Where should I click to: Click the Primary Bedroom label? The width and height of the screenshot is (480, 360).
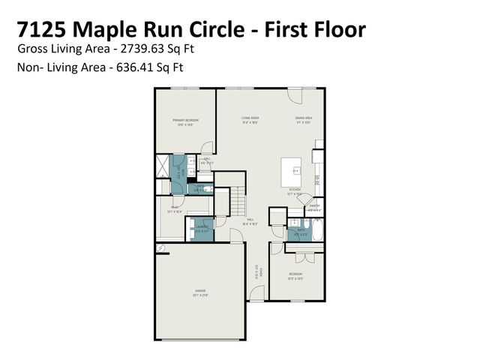[185, 121]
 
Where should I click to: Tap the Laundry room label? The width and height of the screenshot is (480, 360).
[202, 229]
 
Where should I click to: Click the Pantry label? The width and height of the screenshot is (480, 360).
[314, 207]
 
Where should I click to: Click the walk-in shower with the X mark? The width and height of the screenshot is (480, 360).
[163, 164]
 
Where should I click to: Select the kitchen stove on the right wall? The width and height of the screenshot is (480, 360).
[318, 179]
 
